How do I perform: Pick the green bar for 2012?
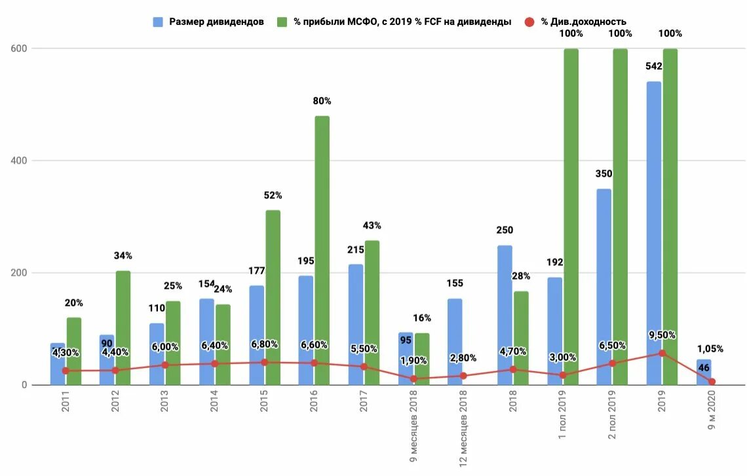pos(123,327)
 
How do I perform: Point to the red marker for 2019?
pos(662,353)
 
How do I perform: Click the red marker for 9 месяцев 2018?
pos(413,379)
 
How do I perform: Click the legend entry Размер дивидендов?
pos(216,22)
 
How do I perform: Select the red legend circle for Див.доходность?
pos(530,22)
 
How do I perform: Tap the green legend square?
pos(282,22)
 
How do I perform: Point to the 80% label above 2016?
pos(322,101)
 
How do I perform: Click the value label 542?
pos(653,66)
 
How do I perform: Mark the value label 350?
pos(603,174)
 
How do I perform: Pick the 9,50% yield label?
pos(662,335)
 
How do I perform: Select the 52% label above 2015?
pos(273,195)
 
